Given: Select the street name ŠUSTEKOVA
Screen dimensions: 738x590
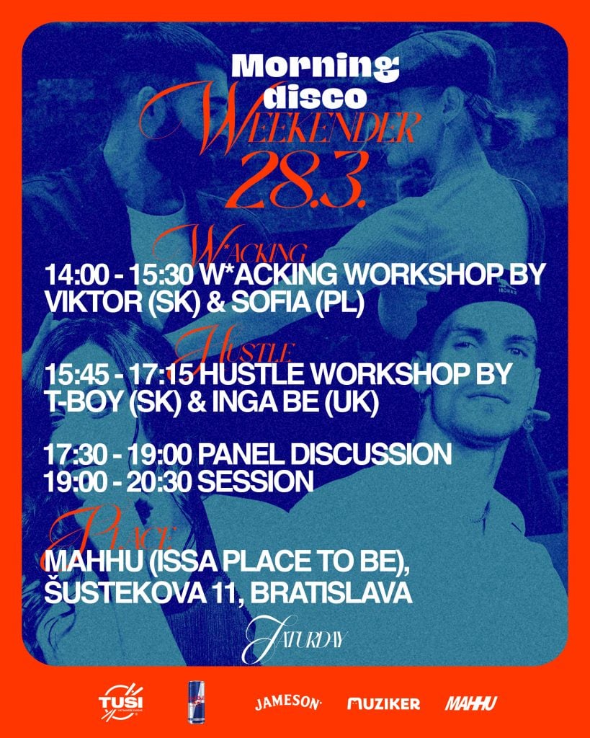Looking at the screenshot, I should click(x=119, y=593).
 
